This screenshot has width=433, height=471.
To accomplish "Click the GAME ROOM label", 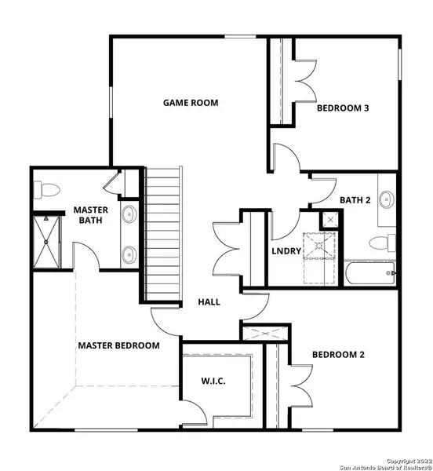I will click(191, 103).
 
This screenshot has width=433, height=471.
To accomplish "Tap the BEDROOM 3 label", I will click(343, 109).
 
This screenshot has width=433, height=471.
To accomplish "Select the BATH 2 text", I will click(355, 200).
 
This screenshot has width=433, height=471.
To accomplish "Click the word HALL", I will click(209, 301).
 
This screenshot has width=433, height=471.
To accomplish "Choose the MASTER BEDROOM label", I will click(118, 345).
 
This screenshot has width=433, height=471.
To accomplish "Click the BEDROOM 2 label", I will click(339, 355).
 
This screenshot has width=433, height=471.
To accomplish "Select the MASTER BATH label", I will click(91, 215).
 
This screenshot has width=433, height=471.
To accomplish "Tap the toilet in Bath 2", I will click(384, 243).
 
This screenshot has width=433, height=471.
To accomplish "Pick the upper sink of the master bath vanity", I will click(129, 214).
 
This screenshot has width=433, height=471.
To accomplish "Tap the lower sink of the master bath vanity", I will click(129, 253).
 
